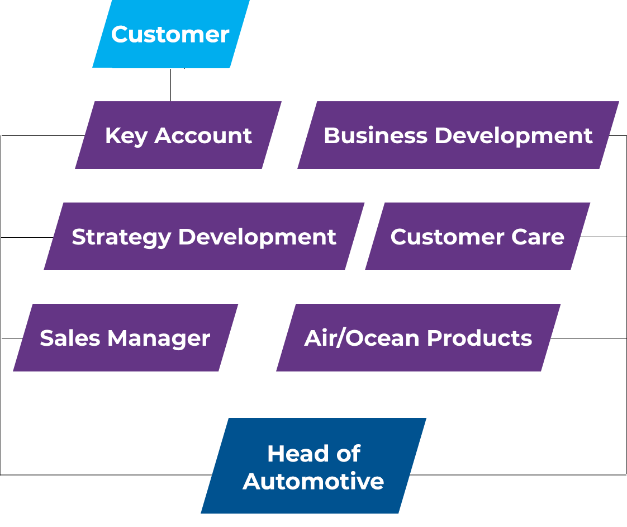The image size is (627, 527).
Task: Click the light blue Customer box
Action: click(170, 34)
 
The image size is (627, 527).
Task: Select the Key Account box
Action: click(178, 135)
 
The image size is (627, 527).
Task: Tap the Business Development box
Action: click(458, 135)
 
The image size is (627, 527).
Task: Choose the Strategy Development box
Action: click(204, 237)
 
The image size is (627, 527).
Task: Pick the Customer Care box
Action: click(477, 237)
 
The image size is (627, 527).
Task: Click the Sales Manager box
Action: click(125, 338)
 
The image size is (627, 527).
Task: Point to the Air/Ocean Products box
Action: click(418, 338)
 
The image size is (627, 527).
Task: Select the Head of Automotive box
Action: click(313, 467)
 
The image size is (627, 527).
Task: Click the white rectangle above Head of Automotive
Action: click(327, 405)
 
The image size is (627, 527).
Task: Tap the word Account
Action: click(203, 136)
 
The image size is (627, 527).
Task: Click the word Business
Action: click(375, 136)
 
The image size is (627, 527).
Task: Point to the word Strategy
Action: click(121, 238)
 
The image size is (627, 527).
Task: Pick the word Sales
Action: click(70, 338)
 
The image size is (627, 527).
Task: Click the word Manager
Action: click(159, 339)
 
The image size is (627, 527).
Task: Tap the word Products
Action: click(479, 338)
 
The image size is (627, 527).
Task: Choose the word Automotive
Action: click(313, 481)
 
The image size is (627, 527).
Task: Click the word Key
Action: click(126, 136)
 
